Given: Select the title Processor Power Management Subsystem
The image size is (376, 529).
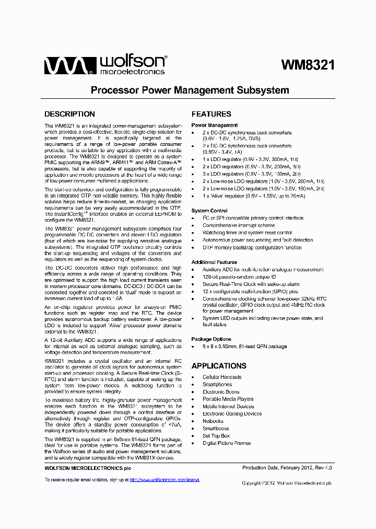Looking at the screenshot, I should [x=190, y=90].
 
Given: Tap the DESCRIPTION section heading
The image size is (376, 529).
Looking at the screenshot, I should [x=69, y=114].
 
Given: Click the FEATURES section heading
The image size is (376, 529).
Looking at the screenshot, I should [x=211, y=114].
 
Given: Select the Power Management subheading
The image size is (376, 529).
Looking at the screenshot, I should [x=214, y=125].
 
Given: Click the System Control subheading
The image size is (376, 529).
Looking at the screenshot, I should [x=209, y=211].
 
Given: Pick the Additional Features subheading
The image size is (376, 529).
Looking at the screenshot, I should [x=214, y=262].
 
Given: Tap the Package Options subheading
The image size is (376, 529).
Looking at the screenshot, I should [x=211, y=339].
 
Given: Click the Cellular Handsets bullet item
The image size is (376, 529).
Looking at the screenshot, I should [x=222, y=377].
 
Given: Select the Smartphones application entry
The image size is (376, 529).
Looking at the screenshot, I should [x=217, y=384].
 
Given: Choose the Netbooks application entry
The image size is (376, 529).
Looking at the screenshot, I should [x=213, y=421].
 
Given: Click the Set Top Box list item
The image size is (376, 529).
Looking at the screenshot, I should [x=216, y=435].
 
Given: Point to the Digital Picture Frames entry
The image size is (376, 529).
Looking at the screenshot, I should [x=227, y=443].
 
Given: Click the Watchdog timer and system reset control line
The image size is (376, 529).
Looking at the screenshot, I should [x=247, y=233].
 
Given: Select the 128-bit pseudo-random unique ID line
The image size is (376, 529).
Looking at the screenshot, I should [x=239, y=277].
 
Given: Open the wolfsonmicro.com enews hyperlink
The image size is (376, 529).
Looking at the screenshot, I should [x=164, y=479].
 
